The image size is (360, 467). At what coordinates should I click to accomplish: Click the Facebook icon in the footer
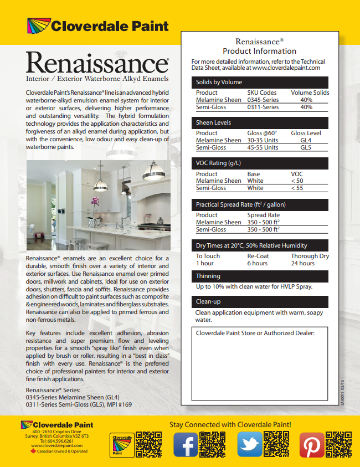186,444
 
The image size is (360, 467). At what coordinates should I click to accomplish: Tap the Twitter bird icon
249,444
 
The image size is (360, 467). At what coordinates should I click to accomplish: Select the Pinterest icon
312,444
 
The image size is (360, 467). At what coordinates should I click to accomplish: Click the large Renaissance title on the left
97,63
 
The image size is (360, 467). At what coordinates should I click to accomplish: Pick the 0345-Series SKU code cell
263,100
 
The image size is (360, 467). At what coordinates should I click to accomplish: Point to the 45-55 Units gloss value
263,148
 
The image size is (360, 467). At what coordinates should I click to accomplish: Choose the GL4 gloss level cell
306,141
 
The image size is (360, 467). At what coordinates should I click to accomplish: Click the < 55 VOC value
297,188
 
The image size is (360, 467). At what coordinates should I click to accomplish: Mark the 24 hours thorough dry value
303,263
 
